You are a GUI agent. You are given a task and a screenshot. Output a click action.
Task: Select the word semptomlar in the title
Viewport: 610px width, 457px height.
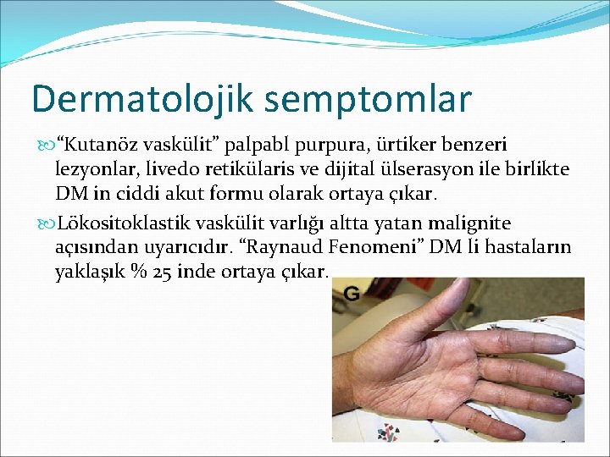367,99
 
